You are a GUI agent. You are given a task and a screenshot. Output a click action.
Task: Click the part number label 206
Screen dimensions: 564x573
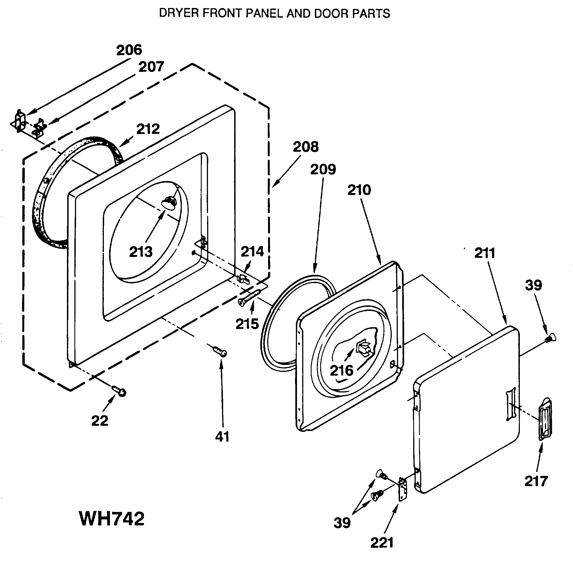[x=129, y=50]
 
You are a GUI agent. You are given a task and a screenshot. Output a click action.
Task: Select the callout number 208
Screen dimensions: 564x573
[x=306, y=147]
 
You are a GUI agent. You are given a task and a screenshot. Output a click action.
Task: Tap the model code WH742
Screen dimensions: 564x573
[x=112, y=518]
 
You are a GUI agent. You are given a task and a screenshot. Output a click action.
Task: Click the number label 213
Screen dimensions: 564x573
[x=141, y=252]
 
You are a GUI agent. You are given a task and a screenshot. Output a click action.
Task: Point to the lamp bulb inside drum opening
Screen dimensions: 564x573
[x=168, y=203]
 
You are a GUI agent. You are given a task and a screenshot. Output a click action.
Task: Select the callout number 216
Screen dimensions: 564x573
[x=341, y=370]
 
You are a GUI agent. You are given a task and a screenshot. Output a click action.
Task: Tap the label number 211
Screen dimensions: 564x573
[x=485, y=253]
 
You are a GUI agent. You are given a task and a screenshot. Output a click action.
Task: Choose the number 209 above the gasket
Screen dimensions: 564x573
[x=323, y=169]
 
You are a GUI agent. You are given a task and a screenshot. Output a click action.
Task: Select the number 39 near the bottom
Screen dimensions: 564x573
[x=342, y=522]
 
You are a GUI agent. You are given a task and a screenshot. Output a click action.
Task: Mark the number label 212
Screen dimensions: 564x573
[x=148, y=129]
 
